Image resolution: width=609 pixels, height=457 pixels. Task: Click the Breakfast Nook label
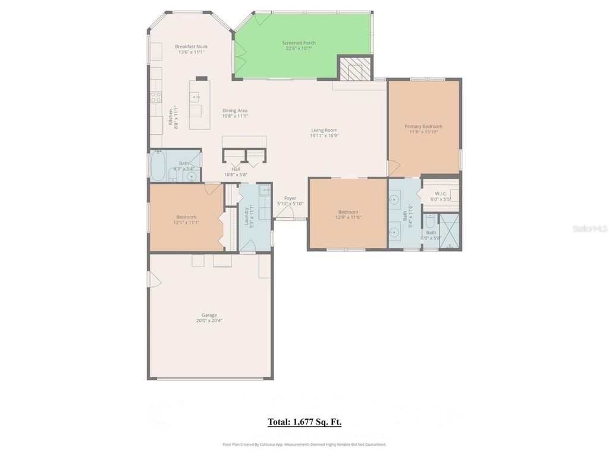191,46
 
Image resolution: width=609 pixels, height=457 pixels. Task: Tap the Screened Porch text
299,43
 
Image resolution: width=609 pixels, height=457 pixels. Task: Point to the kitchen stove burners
155,97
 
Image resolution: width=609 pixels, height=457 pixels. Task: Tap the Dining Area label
235,111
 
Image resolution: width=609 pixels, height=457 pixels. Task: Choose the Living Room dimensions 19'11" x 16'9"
324,136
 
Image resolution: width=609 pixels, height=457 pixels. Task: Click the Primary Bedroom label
423,126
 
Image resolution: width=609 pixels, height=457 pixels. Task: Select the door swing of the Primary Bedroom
394,168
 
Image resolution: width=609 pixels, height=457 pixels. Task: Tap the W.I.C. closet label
441,193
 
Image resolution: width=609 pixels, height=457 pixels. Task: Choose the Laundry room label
246,218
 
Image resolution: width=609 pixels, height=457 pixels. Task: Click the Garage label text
209,315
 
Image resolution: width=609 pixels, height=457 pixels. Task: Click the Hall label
236,169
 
